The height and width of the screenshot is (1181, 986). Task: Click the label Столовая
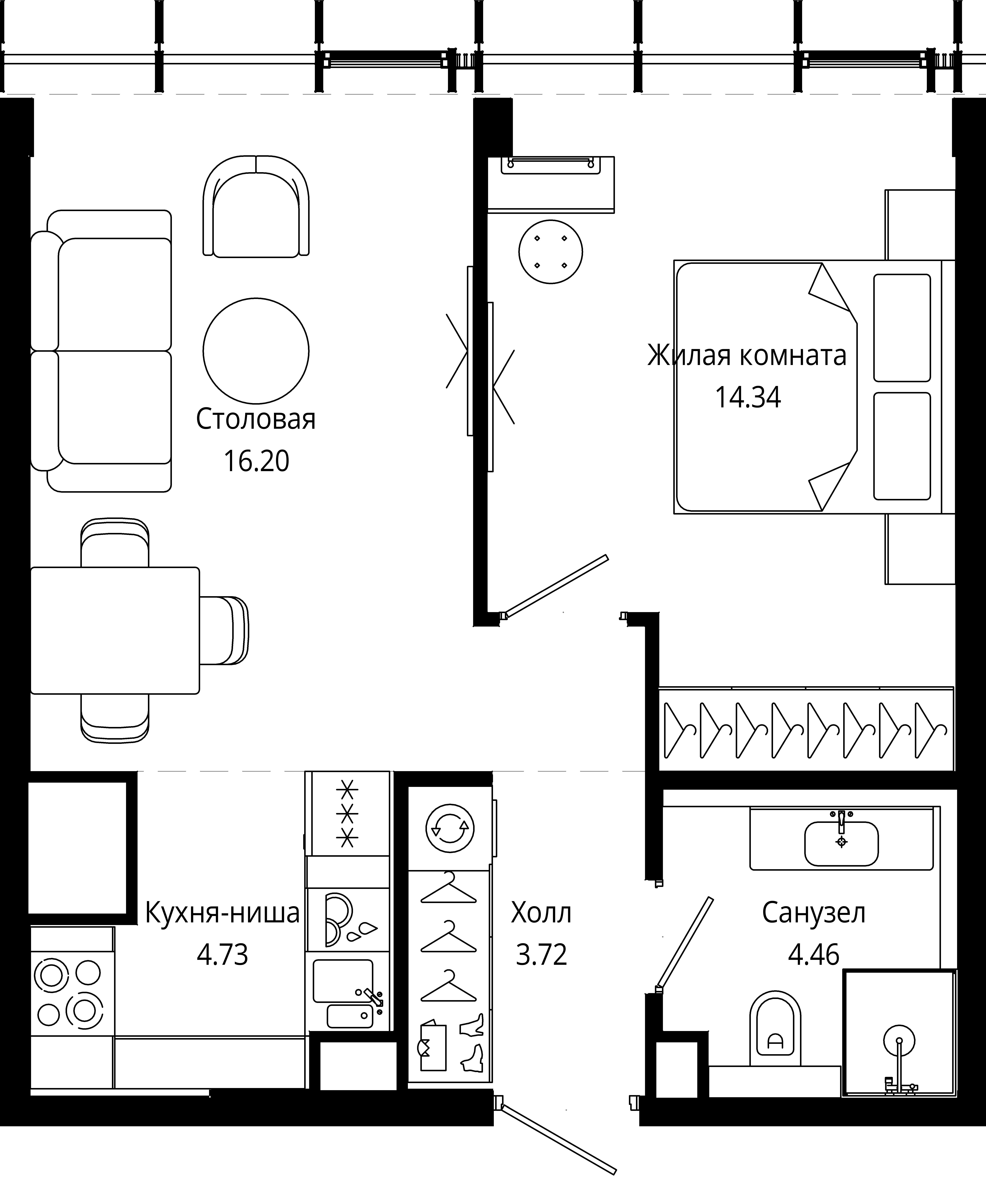tap(256, 420)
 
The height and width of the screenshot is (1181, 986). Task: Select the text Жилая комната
tap(747, 355)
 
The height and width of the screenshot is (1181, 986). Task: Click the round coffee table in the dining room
tap(256, 351)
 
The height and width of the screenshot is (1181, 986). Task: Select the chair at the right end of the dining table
tap(224, 631)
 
